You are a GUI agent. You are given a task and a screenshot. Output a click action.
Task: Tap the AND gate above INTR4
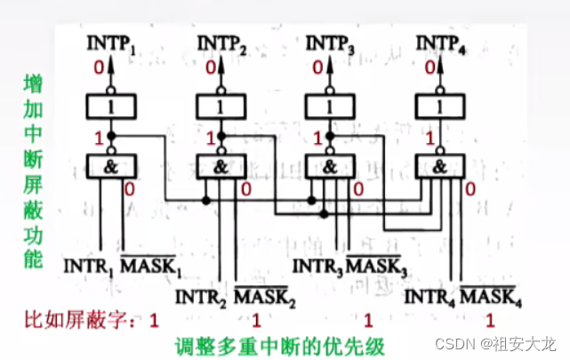tap(441, 165)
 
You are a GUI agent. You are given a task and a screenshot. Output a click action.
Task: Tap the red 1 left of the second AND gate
tap(210, 139)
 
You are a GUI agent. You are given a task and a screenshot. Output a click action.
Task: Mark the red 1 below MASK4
tap(489, 318)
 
